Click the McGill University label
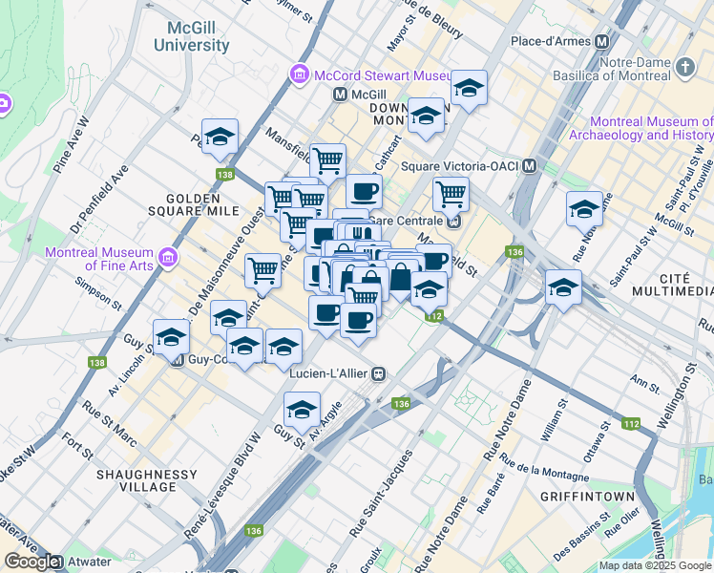click(x=198, y=35)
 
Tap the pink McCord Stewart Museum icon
click(x=299, y=75)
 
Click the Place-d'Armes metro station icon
click(x=601, y=42)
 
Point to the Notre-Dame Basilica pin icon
click(x=684, y=67)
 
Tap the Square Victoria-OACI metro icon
click(x=528, y=166)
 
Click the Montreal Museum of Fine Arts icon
click(x=169, y=256)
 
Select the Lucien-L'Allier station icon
click(x=379, y=373)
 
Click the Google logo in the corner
click(x=31, y=562)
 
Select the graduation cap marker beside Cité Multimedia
click(x=563, y=286)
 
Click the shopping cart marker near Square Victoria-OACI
click(x=451, y=194)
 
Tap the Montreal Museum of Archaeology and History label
click(x=652, y=128)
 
